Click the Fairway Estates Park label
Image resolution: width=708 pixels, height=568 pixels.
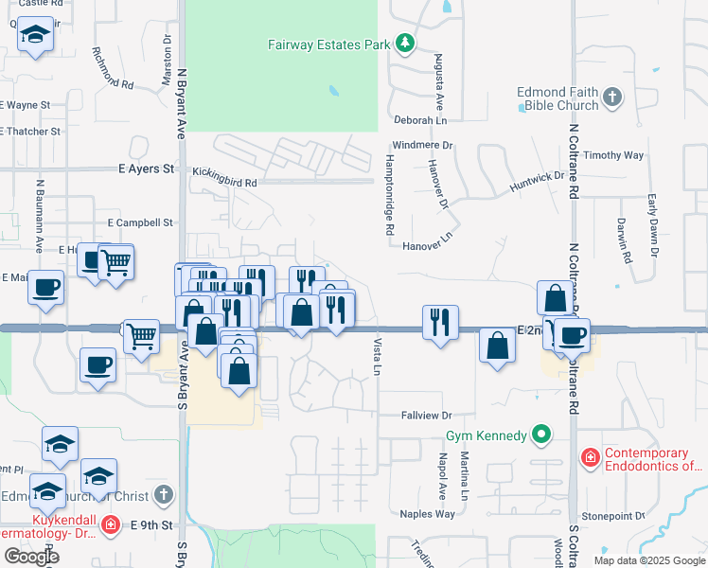tap(329, 44)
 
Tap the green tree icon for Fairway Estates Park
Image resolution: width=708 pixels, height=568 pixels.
tap(405, 44)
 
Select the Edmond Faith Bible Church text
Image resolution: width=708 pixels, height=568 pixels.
tap(558, 98)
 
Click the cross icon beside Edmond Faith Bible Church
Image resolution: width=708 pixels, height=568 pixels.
tap(612, 97)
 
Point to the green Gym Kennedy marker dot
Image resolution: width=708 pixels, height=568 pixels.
tap(541, 435)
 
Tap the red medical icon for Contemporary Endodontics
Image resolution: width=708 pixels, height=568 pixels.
tap(591, 458)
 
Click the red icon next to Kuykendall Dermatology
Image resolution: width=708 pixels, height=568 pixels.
tap(110, 524)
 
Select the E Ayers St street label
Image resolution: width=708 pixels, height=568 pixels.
tap(147, 169)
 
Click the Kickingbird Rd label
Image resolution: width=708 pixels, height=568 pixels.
tap(224, 171)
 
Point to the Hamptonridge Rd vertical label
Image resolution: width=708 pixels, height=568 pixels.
tap(389, 195)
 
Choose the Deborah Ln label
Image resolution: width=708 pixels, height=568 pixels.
tap(420, 120)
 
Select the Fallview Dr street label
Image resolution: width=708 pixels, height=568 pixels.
tap(428, 415)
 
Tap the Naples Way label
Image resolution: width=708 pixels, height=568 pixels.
tap(428, 514)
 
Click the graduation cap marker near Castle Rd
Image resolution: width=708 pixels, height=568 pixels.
tap(35, 35)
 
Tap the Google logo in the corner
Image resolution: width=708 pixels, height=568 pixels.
tap(31, 557)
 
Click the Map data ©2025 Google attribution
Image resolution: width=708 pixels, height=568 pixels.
tap(648, 560)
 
